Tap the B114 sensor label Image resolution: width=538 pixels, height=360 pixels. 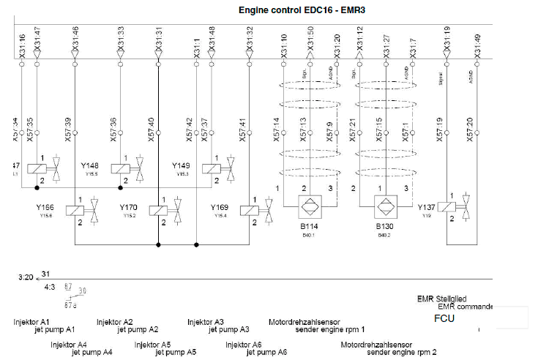[308, 228]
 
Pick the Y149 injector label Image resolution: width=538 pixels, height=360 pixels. [182, 166]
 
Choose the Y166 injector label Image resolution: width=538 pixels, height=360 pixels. [45, 208]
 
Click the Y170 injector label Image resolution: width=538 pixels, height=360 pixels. [129, 208]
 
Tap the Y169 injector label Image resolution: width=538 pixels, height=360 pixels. [220, 208]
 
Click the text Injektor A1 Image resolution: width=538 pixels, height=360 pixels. [31, 322]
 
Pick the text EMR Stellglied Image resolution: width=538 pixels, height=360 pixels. [441, 299]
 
